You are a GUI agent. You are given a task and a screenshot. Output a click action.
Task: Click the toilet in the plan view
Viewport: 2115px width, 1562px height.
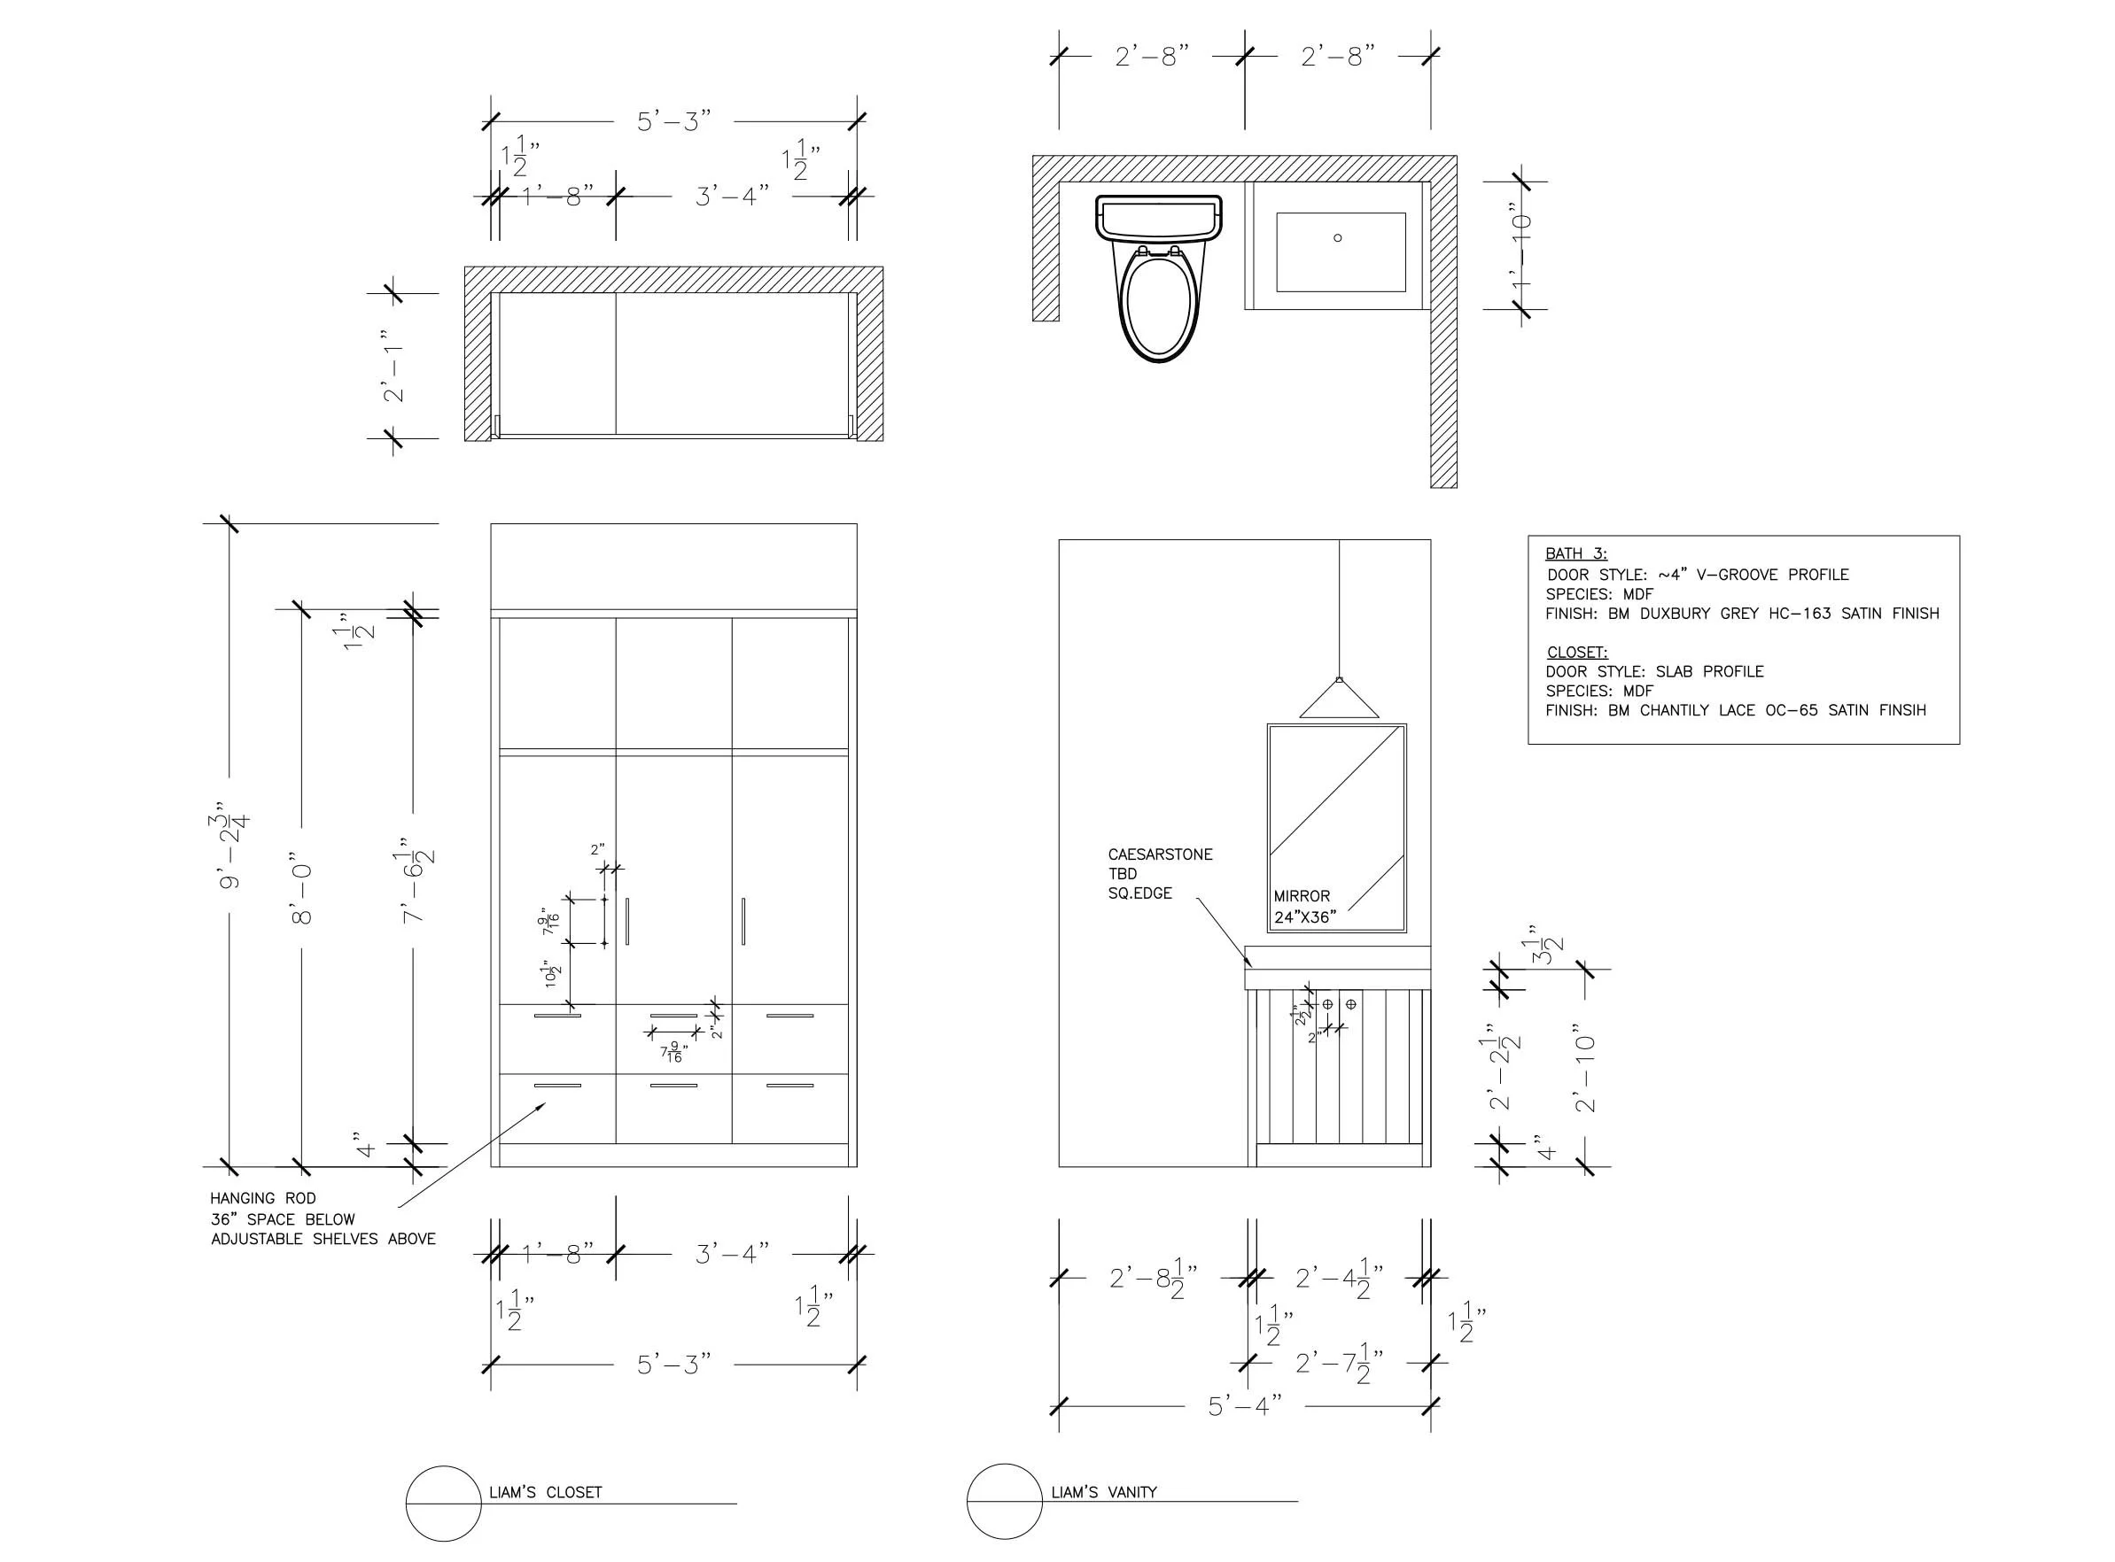pos(1159,283)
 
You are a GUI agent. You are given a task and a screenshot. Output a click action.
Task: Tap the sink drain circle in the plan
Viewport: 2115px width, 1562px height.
pos(1337,237)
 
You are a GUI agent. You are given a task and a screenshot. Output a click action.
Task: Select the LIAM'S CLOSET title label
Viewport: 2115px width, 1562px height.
pos(545,1492)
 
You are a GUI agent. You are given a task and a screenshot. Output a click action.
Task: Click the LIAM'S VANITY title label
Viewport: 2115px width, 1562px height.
pos(1104,1492)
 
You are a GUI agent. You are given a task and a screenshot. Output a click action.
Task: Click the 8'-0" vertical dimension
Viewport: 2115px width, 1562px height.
pos(303,893)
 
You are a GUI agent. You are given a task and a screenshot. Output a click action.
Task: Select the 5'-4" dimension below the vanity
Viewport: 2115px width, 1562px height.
pos(1244,1406)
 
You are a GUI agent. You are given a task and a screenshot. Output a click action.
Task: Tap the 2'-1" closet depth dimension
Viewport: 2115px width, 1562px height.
pos(393,366)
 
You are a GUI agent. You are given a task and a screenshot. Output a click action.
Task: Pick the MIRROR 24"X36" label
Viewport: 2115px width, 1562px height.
pos(1303,906)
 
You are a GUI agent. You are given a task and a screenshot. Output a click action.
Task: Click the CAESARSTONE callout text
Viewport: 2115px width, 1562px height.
pos(1160,854)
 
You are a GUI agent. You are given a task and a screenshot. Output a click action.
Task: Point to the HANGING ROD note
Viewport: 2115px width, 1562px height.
pos(263,1198)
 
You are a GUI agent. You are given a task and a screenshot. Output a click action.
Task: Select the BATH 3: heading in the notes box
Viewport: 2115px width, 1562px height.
pos(1576,554)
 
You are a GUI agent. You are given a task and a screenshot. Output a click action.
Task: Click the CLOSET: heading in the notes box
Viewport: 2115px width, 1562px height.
pos(1577,653)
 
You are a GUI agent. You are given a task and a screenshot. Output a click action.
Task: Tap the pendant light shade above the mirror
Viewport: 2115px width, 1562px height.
pos(1339,700)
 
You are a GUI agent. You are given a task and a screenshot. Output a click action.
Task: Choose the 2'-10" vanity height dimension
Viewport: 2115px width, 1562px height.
pos(1585,1066)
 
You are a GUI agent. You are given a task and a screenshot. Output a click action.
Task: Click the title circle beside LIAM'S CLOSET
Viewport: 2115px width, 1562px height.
pos(444,1504)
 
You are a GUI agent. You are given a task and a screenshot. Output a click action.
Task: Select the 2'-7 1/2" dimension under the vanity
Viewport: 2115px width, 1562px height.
pos(1339,1364)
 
